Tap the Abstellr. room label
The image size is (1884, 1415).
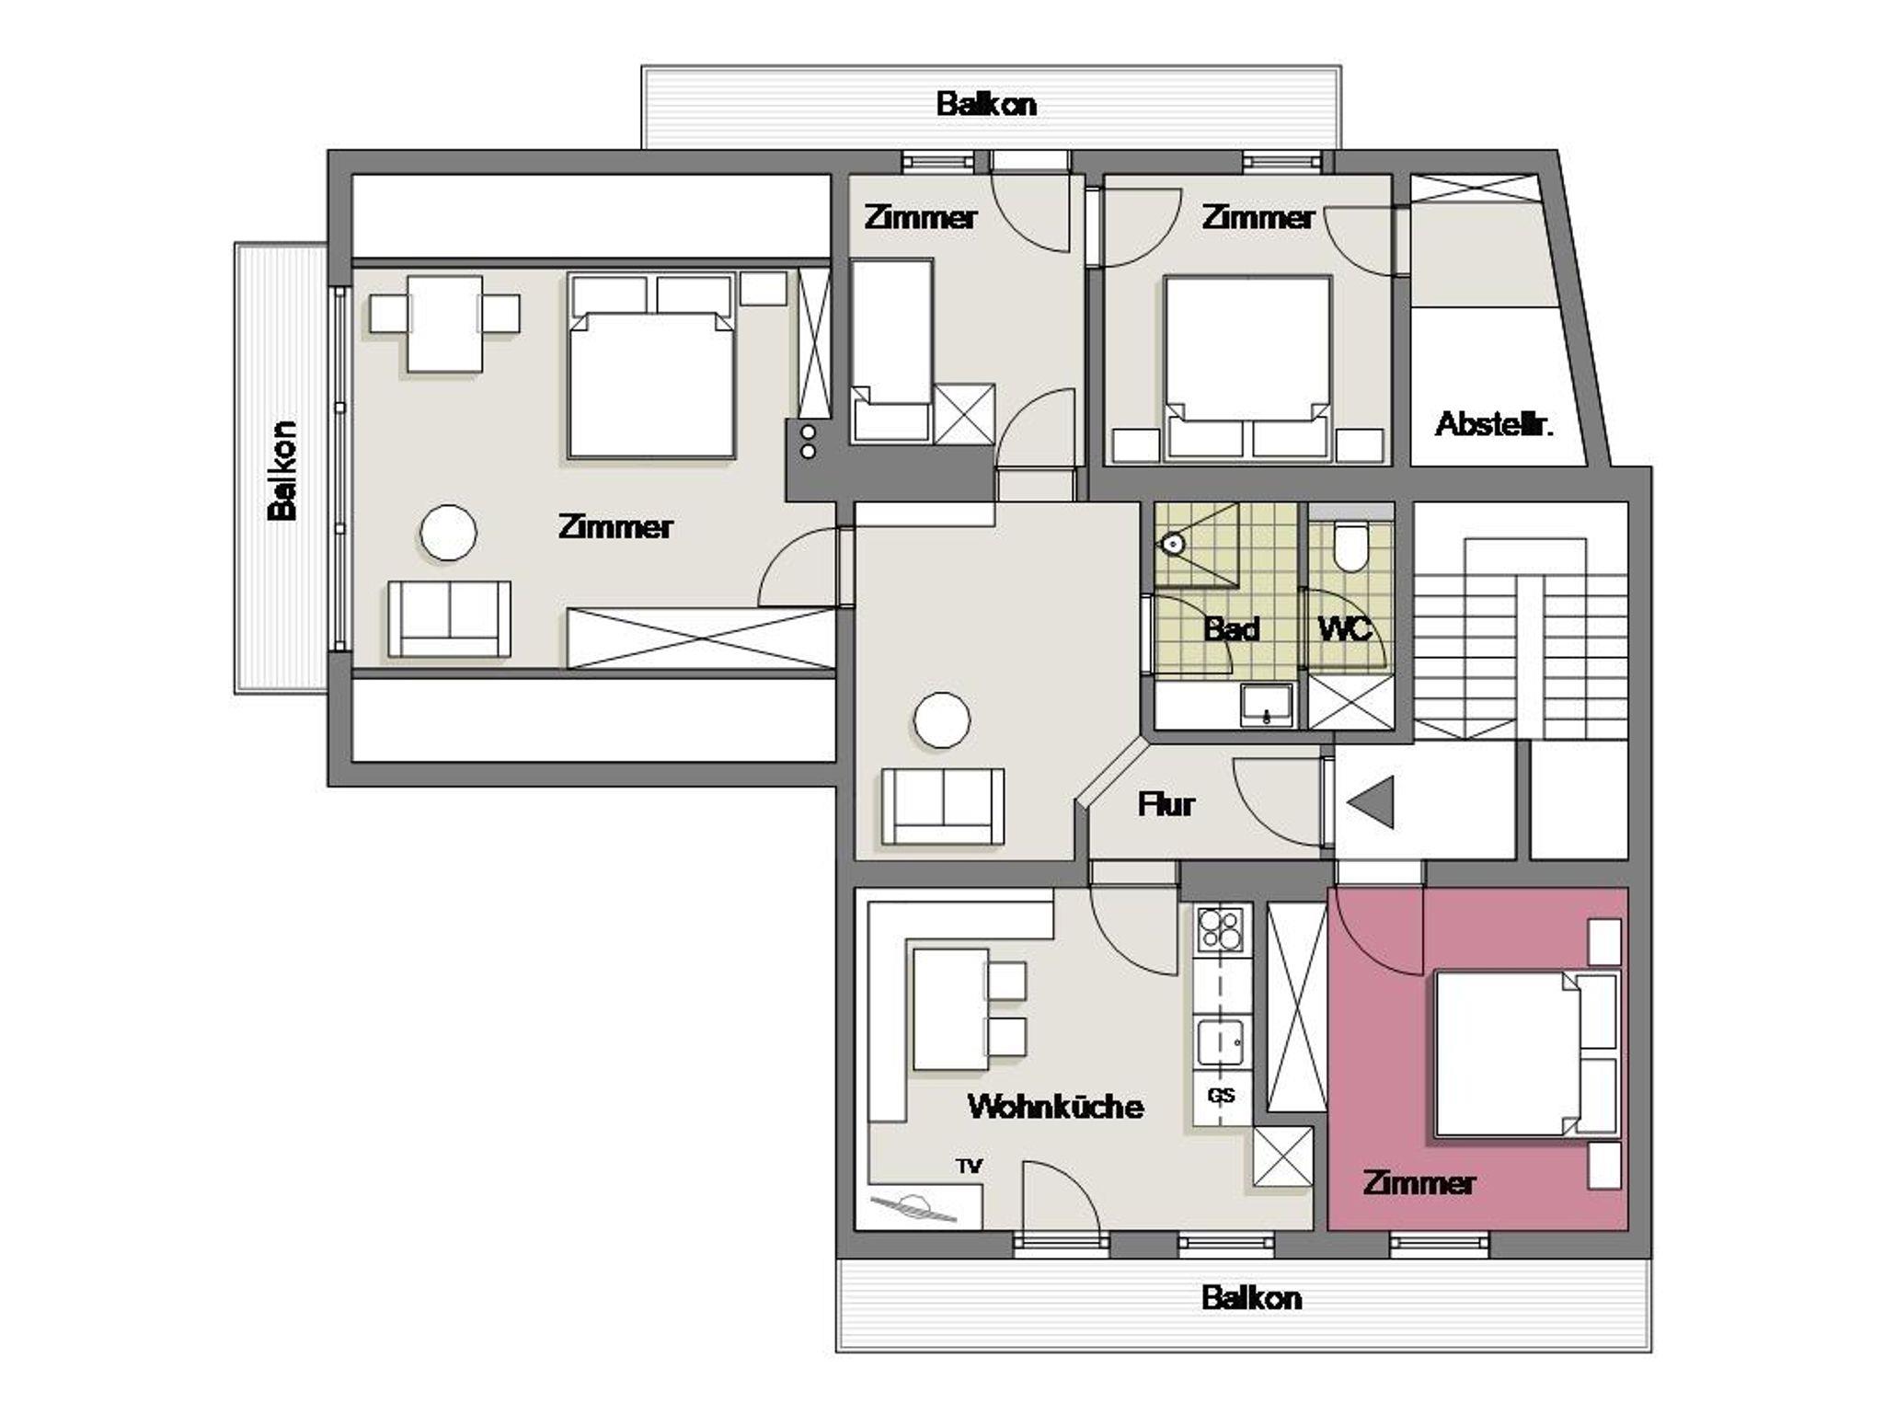[1494, 424]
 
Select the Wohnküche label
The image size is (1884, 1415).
[1055, 1106]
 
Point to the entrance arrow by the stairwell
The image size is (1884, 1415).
[1372, 802]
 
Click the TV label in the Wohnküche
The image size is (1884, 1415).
[969, 1167]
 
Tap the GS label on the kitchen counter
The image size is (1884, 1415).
[1222, 1096]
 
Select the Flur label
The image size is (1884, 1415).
[1166, 804]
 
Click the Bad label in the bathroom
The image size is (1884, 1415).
[1231, 629]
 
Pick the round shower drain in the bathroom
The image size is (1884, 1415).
[1172, 544]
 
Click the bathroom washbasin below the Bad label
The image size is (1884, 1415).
[1267, 705]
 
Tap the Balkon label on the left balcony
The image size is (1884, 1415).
[282, 470]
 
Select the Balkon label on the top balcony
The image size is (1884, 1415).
[986, 104]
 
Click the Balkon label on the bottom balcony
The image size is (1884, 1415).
[1251, 1298]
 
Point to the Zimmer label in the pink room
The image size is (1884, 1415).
[1419, 1182]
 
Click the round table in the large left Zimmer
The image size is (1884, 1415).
[449, 533]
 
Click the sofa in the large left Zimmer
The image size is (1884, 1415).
[449, 618]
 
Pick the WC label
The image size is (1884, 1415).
[1345, 629]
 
